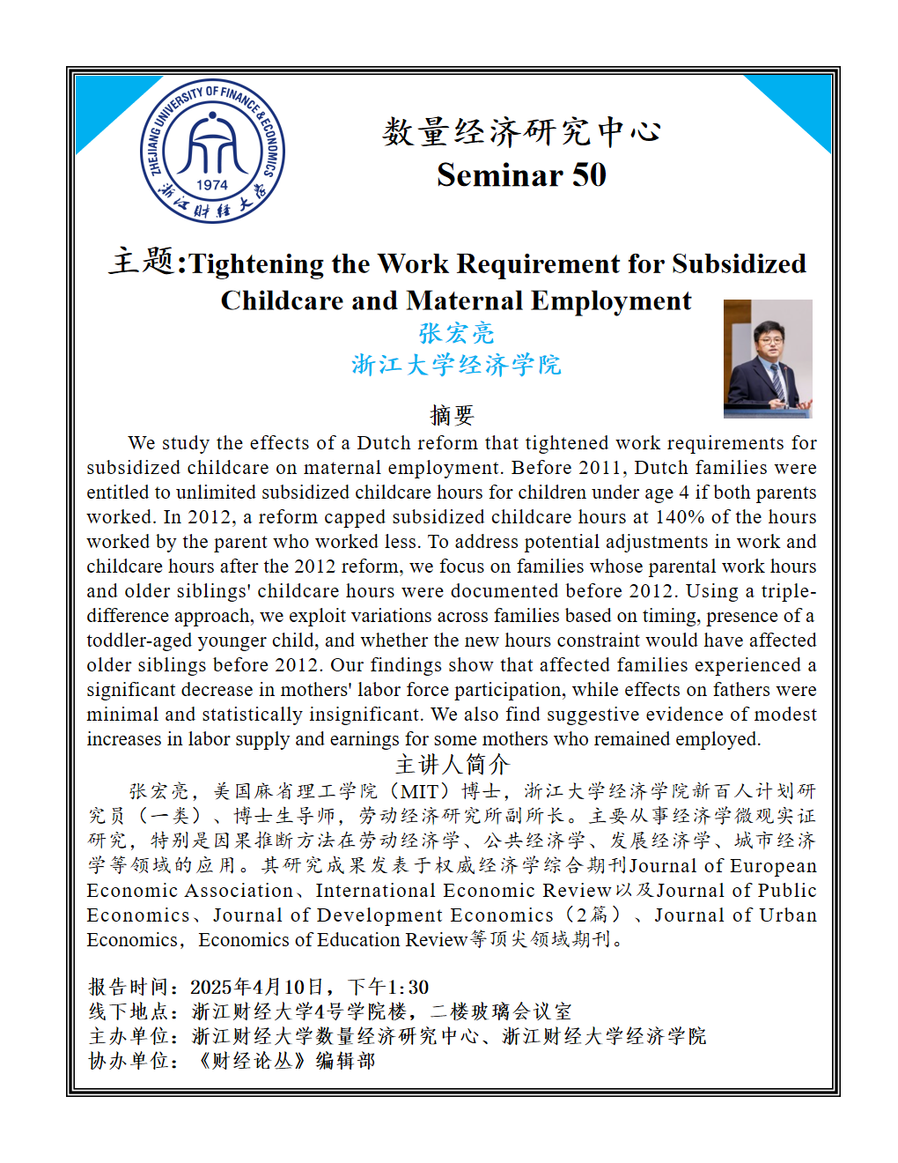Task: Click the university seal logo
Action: pyautogui.click(x=212, y=151)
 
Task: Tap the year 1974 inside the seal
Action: pyautogui.click(x=212, y=185)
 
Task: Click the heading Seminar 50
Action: pyautogui.click(x=521, y=175)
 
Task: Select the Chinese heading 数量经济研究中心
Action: pyautogui.click(x=521, y=132)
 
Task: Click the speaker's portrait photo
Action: pyautogui.click(x=768, y=359)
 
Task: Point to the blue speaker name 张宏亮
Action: pyautogui.click(x=456, y=333)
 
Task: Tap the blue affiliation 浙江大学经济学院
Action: pyautogui.click(x=456, y=365)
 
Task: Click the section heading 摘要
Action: pyautogui.click(x=452, y=415)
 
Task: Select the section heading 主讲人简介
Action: pyautogui.click(x=452, y=764)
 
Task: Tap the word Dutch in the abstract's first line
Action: pyautogui.click(x=383, y=443)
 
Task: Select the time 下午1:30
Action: pyautogui.click(x=388, y=987)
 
